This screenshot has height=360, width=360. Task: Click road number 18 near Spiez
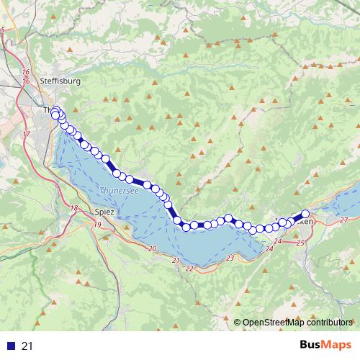[x=74, y=208]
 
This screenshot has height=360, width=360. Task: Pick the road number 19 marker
[x=96, y=225]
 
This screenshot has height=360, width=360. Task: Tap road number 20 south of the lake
[x=151, y=248]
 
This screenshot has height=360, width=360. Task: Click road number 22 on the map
[x=189, y=269]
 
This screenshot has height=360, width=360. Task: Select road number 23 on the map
[x=230, y=258]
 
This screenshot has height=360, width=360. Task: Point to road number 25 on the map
[x=300, y=246]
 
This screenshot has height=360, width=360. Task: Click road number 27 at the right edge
[x=343, y=220]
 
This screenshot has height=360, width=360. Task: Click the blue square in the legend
[x=11, y=346]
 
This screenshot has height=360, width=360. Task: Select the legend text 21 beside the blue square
[x=28, y=346]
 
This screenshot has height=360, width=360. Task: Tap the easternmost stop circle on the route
[x=305, y=213]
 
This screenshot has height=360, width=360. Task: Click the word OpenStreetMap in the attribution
[x=276, y=323]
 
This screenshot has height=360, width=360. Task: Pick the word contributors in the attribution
[x=331, y=323]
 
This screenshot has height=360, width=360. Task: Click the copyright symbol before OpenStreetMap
[x=238, y=323]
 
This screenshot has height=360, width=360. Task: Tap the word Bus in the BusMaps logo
[x=310, y=346]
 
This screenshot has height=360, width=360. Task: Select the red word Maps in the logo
[x=337, y=346]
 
